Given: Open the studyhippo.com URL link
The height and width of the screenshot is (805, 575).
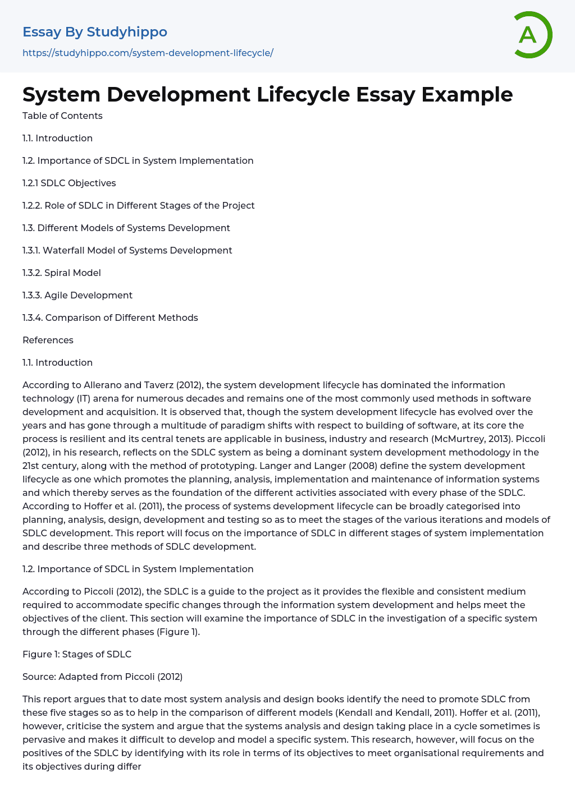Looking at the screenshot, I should pyautogui.click(x=148, y=53).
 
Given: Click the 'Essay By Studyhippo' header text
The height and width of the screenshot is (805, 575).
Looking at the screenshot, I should pyautogui.click(x=95, y=32).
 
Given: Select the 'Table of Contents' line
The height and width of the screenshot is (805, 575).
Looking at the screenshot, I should pyautogui.click(x=62, y=116).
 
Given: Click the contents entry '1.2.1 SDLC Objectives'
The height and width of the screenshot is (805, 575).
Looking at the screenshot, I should pyautogui.click(x=69, y=183).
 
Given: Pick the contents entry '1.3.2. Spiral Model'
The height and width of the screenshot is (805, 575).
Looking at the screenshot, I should pyautogui.click(x=62, y=273).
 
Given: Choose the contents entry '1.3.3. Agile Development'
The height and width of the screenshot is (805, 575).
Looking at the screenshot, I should pyautogui.click(x=77, y=296).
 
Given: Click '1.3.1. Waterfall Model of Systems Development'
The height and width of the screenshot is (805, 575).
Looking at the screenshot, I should pyautogui.click(x=127, y=251).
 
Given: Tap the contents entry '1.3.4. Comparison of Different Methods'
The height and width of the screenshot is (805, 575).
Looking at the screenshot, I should pyautogui.click(x=110, y=318).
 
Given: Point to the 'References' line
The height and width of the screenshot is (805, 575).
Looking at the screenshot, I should pyautogui.click(x=48, y=341).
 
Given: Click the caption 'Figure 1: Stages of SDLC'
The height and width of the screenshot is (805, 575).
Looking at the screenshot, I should pyautogui.click(x=77, y=655).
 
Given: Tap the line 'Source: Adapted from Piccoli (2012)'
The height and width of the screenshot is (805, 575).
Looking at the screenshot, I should pyautogui.click(x=103, y=677).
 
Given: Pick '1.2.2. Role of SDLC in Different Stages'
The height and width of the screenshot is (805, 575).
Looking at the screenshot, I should pyautogui.click(x=139, y=206).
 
